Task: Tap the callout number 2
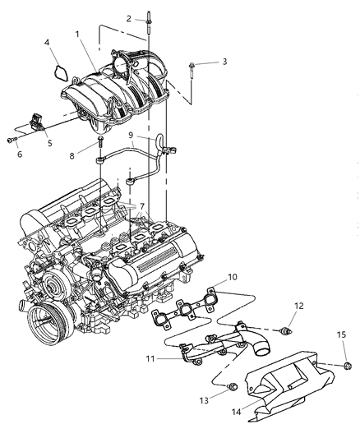click(x=129, y=18)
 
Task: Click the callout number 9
click(x=132, y=135)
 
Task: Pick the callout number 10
click(x=233, y=278)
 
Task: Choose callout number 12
click(x=298, y=306)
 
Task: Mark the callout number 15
click(x=340, y=334)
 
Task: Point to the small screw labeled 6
click(x=12, y=140)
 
